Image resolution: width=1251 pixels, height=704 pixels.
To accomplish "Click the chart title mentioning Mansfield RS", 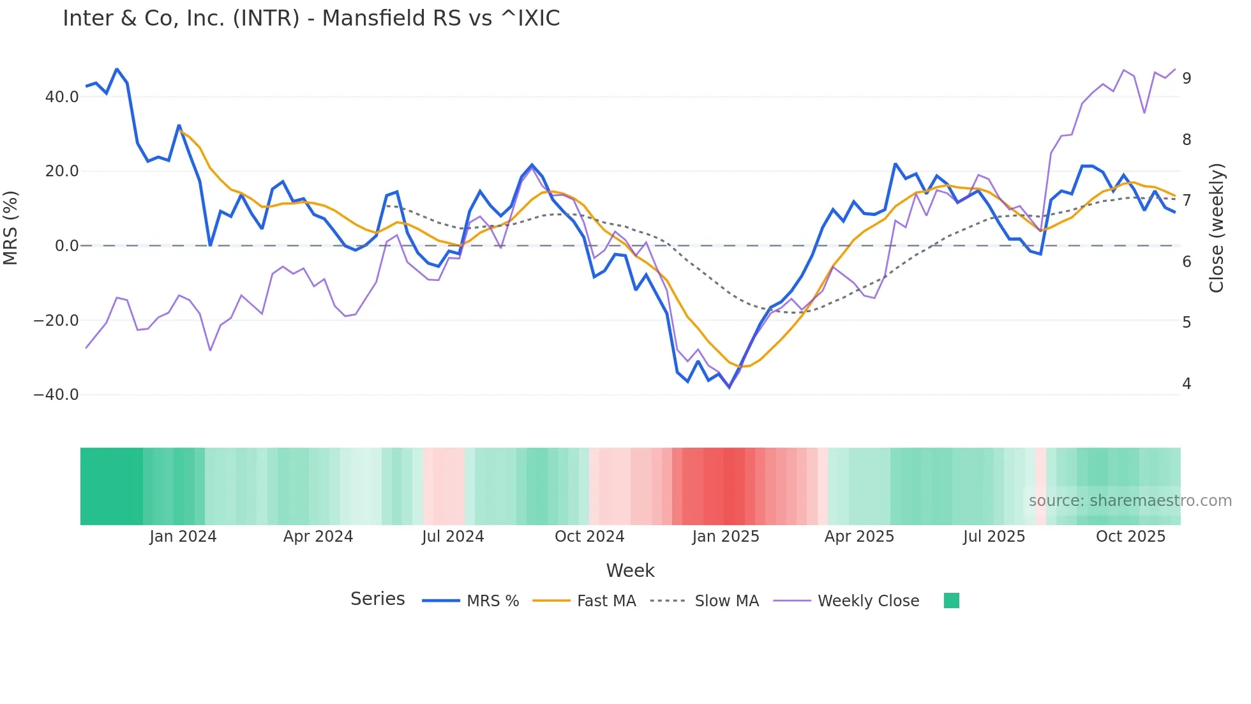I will (311, 19).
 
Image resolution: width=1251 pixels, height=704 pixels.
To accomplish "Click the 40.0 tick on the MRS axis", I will (62, 97).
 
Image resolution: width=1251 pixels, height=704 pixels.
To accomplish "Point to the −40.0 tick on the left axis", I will (57, 395).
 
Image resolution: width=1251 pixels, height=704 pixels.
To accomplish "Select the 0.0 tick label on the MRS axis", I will (67, 246).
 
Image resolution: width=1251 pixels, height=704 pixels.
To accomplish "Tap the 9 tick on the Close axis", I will (1187, 79).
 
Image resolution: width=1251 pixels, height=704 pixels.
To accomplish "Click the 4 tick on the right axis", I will (1187, 384).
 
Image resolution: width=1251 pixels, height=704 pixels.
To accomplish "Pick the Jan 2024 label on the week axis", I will (183, 537).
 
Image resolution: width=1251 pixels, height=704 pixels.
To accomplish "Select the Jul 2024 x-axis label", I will (453, 537).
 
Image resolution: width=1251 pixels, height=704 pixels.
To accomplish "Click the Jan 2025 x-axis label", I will (726, 537).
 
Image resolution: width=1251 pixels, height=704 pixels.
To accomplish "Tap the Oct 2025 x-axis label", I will (1130, 537).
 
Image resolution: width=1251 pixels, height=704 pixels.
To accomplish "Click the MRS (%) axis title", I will (11, 228).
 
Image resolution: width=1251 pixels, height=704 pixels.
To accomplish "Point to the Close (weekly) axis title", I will (1217, 228).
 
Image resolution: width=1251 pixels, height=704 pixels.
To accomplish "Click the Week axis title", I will (630, 570).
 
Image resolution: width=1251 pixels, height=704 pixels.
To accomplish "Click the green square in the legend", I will (951, 601).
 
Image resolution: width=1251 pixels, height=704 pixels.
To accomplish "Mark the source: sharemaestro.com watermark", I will (1130, 501).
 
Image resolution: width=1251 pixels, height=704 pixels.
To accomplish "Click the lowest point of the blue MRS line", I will (729, 387).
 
